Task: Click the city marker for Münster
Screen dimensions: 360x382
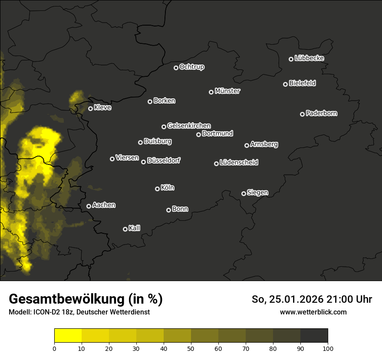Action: click(x=211, y=92)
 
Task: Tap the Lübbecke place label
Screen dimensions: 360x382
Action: click(x=309, y=58)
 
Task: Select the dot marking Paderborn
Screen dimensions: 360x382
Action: click(x=303, y=114)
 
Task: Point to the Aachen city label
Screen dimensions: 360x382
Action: click(x=104, y=205)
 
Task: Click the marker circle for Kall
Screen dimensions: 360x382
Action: click(x=125, y=229)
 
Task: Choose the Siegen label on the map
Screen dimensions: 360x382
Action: click(x=257, y=193)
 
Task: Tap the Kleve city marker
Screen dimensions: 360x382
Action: click(x=91, y=108)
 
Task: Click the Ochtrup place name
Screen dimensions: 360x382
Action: click(x=191, y=67)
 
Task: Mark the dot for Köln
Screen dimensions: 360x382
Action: click(x=158, y=189)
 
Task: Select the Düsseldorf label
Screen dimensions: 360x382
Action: click(x=164, y=160)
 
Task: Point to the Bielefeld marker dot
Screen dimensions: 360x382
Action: click(x=286, y=84)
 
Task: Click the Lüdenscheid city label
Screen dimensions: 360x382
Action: click(x=239, y=163)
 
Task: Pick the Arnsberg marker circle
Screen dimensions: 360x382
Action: click(x=247, y=145)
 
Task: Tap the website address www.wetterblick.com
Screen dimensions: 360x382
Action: click(x=313, y=312)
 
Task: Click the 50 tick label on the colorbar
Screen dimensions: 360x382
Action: click(x=191, y=348)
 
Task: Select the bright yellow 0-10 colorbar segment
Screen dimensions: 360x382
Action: click(x=68, y=335)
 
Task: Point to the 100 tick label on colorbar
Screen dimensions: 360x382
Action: click(x=328, y=348)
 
